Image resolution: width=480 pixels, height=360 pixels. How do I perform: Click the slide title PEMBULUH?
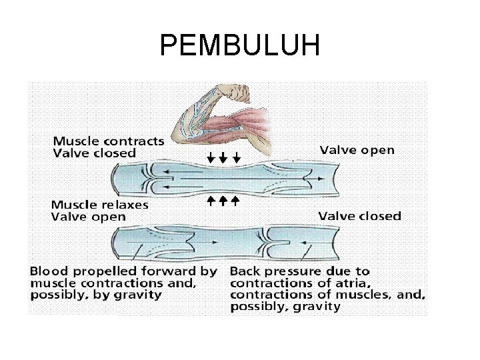tap(240, 46)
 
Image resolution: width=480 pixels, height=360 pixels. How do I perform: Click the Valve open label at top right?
tap(357, 150)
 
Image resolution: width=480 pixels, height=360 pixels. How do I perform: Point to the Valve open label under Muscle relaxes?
tap(89, 217)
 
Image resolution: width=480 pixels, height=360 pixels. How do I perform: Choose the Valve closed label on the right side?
tap(359, 215)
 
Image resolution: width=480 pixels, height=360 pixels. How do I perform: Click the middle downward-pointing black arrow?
tap(223, 159)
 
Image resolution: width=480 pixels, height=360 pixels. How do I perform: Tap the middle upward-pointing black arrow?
tap(223, 200)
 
